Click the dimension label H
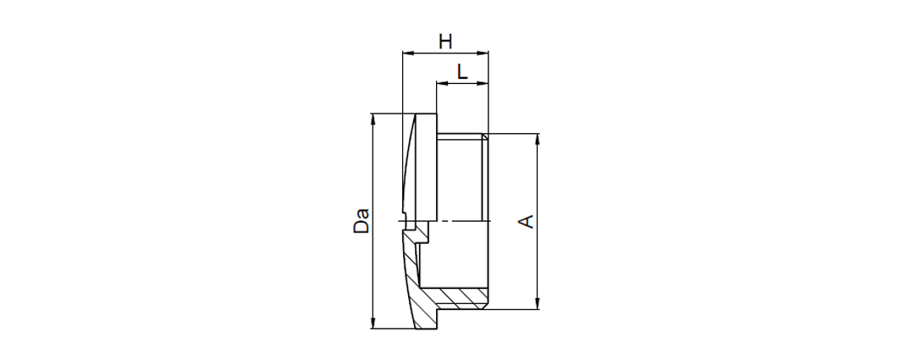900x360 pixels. pyautogui.click(x=445, y=42)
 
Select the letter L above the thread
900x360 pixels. pyautogui.click(x=462, y=72)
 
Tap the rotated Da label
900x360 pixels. pyautogui.click(x=361, y=221)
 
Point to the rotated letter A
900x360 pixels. pyautogui.click(x=527, y=222)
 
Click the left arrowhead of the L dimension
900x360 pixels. pyautogui.click(x=441, y=83)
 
